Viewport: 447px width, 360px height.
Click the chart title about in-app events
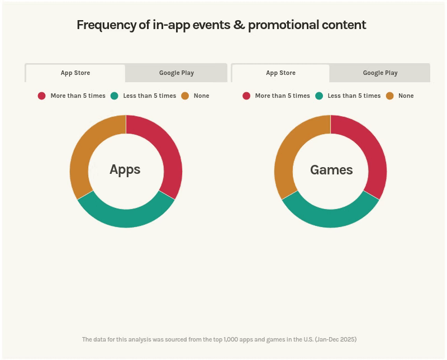[x=221, y=25]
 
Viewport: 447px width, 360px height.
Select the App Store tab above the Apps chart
[x=75, y=73]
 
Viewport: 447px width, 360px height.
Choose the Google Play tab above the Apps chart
[x=177, y=73]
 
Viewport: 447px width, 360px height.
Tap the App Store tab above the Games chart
[x=280, y=73]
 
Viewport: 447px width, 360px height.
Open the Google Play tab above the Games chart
[x=380, y=73]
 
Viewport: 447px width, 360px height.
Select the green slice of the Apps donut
[x=126, y=218]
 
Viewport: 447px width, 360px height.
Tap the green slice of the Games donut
[x=330, y=218]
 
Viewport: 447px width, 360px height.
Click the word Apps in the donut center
[x=125, y=170]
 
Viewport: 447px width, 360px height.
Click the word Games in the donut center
[x=331, y=170]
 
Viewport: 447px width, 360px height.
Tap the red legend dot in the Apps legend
[x=41, y=96]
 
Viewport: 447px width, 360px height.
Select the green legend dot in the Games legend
[x=319, y=96]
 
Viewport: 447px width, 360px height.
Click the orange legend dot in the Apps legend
[x=185, y=96]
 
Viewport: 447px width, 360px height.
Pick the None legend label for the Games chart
[x=406, y=96]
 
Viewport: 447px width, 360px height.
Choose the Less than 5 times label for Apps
[x=150, y=96]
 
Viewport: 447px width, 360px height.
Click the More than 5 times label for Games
[x=283, y=96]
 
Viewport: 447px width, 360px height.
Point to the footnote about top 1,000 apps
[x=219, y=339]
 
